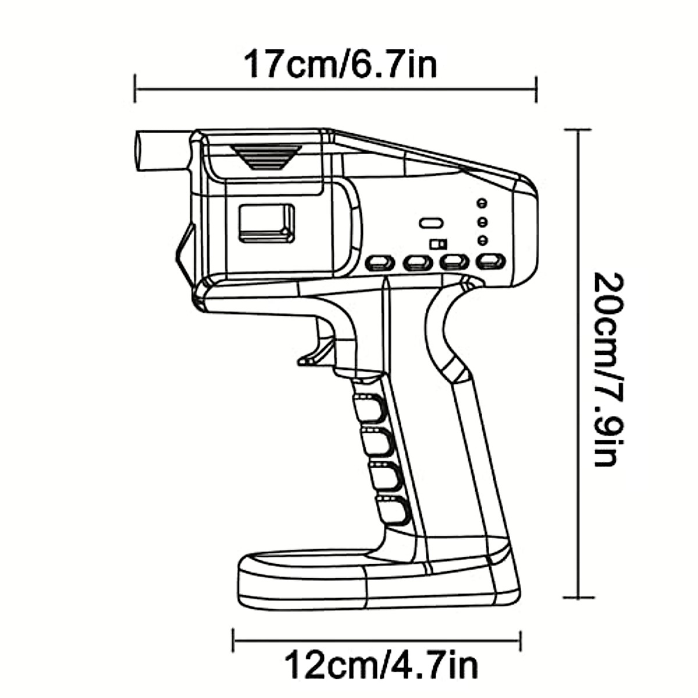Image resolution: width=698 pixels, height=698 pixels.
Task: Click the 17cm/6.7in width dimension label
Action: click(x=340, y=64)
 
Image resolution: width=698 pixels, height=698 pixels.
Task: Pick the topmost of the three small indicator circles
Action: click(x=482, y=203)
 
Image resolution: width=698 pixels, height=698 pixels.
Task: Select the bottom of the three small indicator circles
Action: click(x=482, y=240)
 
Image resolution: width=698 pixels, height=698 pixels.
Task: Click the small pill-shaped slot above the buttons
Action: click(x=431, y=223)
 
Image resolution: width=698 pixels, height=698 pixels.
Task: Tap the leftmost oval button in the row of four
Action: click(x=379, y=263)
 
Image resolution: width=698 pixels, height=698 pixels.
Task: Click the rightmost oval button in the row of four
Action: click(x=490, y=261)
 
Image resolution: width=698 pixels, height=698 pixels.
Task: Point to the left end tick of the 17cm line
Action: click(x=135, y=88)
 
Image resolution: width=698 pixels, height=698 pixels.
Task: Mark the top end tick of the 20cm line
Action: click(x=578, y=130)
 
